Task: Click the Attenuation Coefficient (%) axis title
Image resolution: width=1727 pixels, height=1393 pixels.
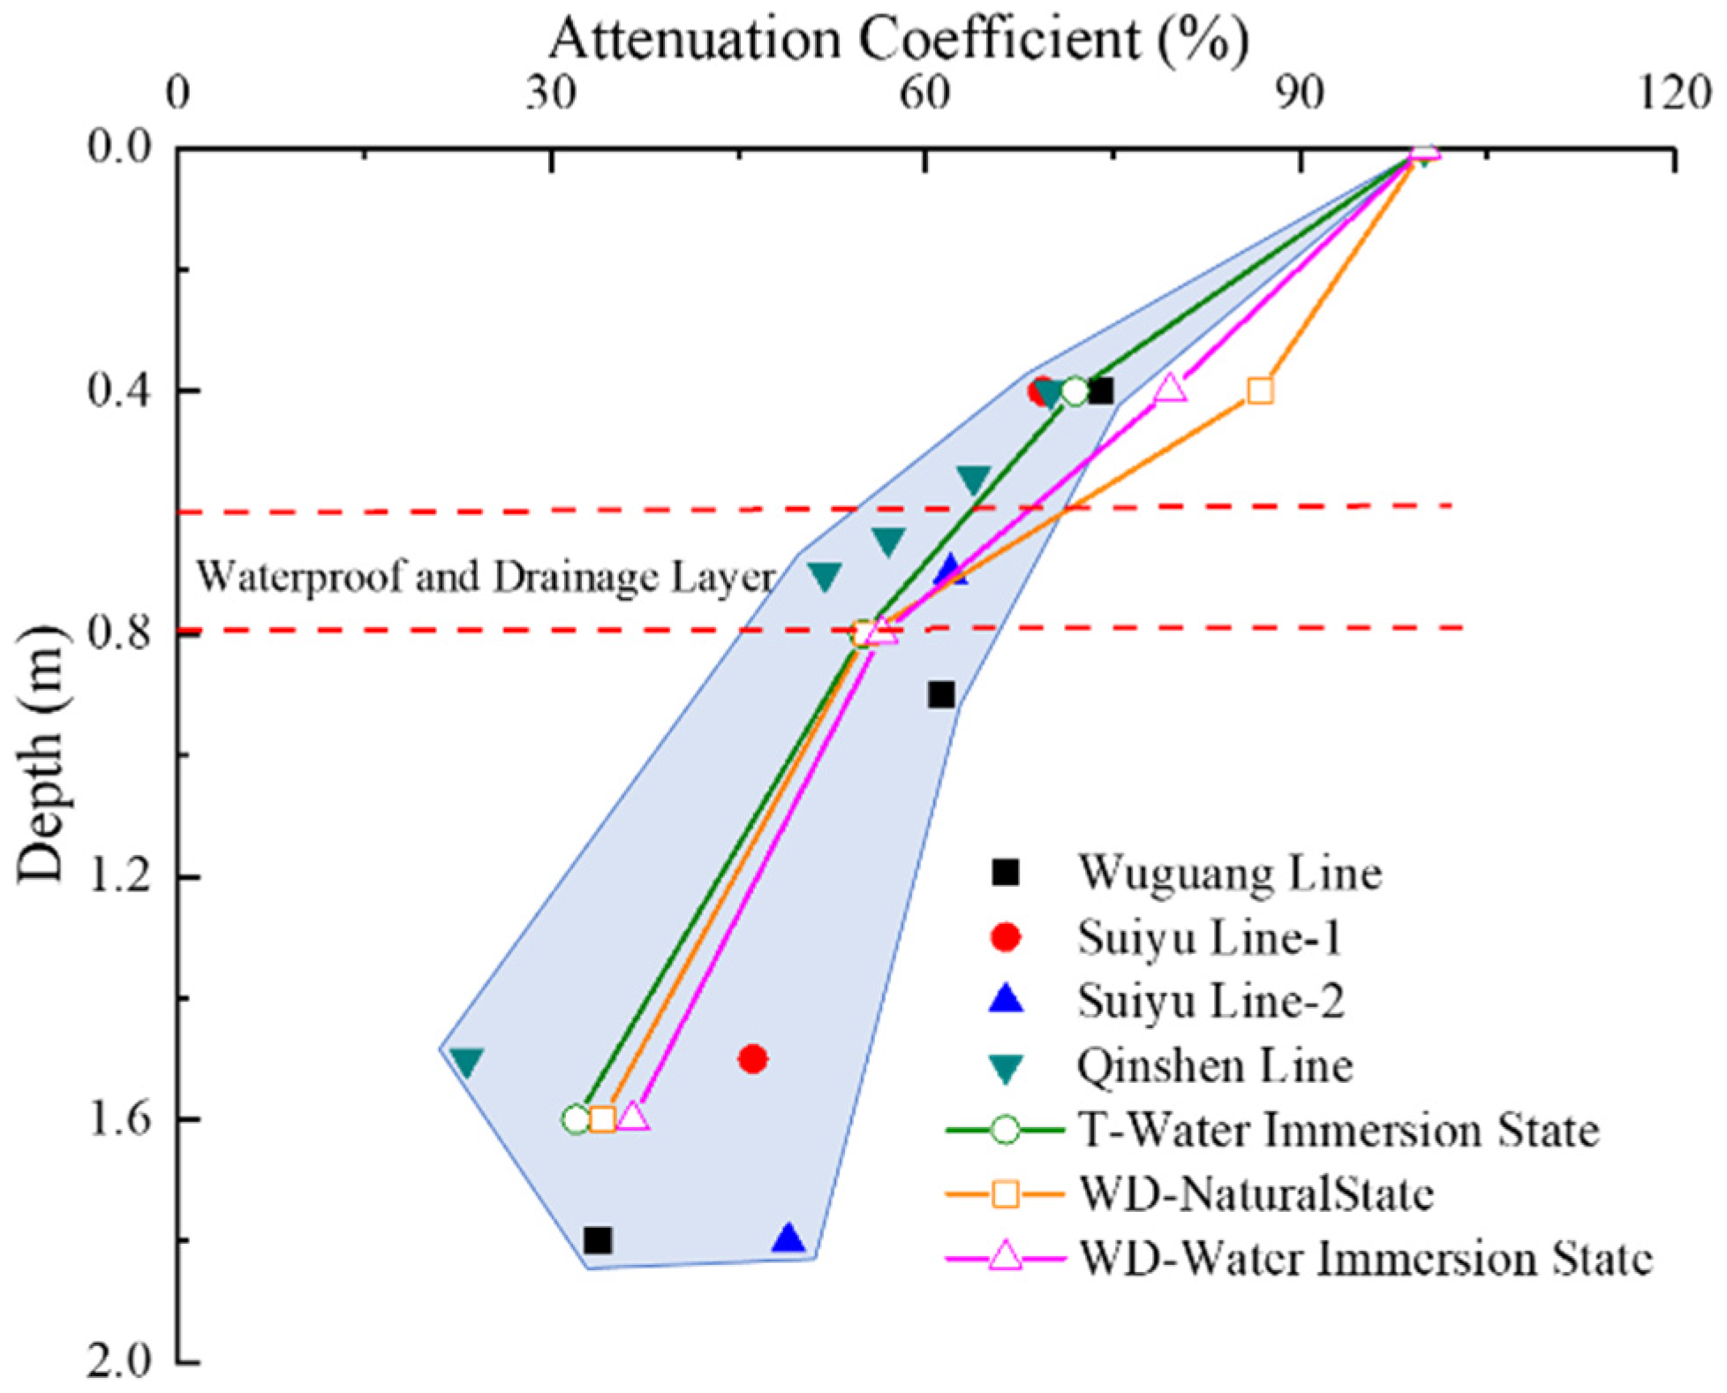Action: tap(898, 39)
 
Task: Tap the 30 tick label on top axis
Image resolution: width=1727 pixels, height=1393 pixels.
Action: tap(552, 92)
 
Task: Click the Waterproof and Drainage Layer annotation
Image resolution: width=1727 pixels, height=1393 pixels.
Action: tap(485, 577)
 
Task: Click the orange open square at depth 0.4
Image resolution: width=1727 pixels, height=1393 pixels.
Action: tap(1260, 390)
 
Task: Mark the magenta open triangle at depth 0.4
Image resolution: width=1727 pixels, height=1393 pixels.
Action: tap(1170, 388)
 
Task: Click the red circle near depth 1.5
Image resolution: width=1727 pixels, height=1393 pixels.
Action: tap(752, 1058)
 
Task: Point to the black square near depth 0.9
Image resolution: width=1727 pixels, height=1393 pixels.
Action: tap(941, 695)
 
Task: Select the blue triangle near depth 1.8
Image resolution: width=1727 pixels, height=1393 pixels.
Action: tap(788, 1239)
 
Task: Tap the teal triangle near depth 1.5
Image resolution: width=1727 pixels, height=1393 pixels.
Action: tap(466, 1061)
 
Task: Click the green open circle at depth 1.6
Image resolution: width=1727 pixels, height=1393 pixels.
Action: tap(576, 1119)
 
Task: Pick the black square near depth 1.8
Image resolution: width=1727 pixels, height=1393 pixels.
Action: tap(598, 1240)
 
